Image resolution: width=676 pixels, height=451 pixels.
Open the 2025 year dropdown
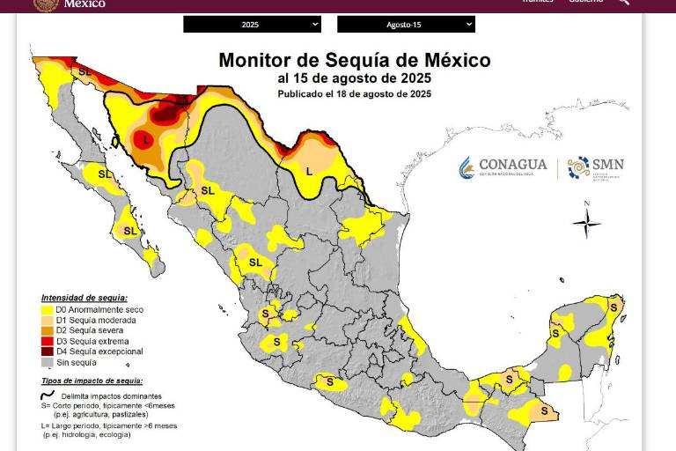tap(252, 25)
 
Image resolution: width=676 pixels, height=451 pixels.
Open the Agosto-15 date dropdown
tap(405, 25)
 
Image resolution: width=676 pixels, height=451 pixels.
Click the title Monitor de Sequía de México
tap(354, 61)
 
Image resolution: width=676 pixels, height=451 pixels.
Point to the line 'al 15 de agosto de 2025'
tap(354, 78)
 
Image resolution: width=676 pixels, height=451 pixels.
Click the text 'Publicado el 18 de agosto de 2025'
tap(354, 93)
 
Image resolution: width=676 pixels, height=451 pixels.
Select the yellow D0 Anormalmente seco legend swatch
tap(47, 310)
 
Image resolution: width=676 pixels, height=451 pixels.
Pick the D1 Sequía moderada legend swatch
tap(47, 321)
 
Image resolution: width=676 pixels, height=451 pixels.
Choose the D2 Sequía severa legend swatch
tap(47, 330)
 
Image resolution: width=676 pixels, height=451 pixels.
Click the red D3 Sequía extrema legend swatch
tap(47, 341)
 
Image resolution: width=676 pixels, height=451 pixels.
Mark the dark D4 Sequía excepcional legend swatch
tap(47, 351)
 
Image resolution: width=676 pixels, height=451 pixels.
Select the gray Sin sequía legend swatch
tap(47, 362)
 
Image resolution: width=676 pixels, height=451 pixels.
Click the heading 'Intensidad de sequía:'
tap(84, 298)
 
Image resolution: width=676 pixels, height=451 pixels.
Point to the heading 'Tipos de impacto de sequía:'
tap(92, 381)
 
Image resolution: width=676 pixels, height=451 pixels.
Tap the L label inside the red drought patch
tap(146, 139)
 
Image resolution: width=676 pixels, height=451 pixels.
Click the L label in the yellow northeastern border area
tap(309, 170)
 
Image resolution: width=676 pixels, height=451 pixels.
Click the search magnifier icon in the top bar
tap(623, 3)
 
